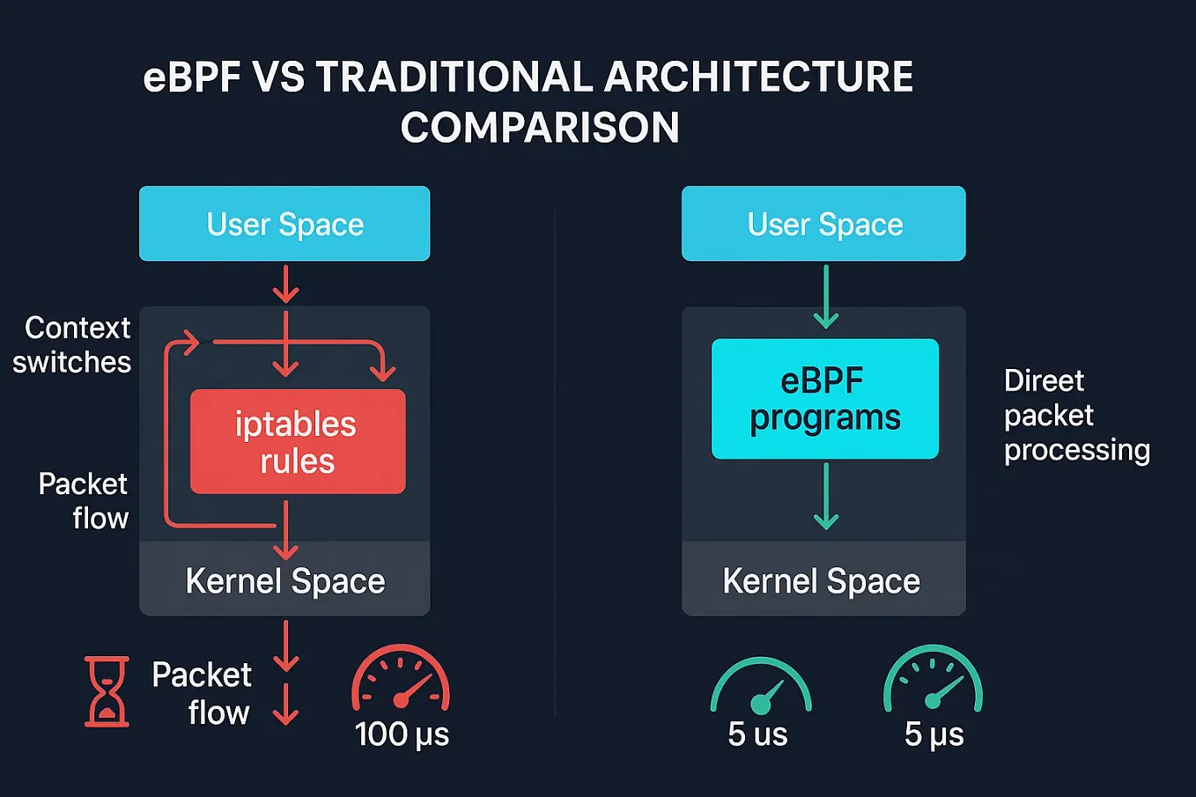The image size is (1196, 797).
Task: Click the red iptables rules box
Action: [298, 441]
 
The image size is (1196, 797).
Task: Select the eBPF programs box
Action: [824, 398]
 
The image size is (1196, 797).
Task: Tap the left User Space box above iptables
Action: [284, 224]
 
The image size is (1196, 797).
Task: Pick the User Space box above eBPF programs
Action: [823, 224]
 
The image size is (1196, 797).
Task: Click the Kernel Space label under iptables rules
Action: [284, 581]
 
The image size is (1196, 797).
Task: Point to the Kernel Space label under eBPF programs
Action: [821, 581]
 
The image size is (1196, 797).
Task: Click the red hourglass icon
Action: [107, 691]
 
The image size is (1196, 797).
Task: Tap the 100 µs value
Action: [402, 734]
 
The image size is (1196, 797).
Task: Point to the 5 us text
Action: [757, 734]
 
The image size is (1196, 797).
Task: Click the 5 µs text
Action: [934, 734]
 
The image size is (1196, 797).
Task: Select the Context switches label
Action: [72, 344]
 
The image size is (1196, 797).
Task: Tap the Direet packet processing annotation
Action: [1076, 415]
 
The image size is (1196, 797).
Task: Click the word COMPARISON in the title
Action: [540, 128]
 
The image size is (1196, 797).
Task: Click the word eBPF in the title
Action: [192, 77]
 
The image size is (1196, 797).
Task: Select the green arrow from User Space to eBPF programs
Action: [825, 298]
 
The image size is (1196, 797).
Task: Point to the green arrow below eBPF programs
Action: [825, 496]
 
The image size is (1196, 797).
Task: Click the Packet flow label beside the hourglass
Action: [203, 693]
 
